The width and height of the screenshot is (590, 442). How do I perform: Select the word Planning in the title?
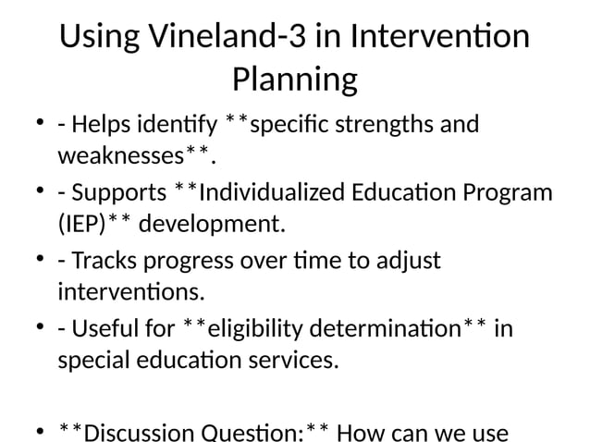click(x=294, y=80)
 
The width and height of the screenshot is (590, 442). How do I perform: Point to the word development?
click(x=215, y=224)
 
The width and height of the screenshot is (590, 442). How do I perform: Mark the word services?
click(x=291, y=359)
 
